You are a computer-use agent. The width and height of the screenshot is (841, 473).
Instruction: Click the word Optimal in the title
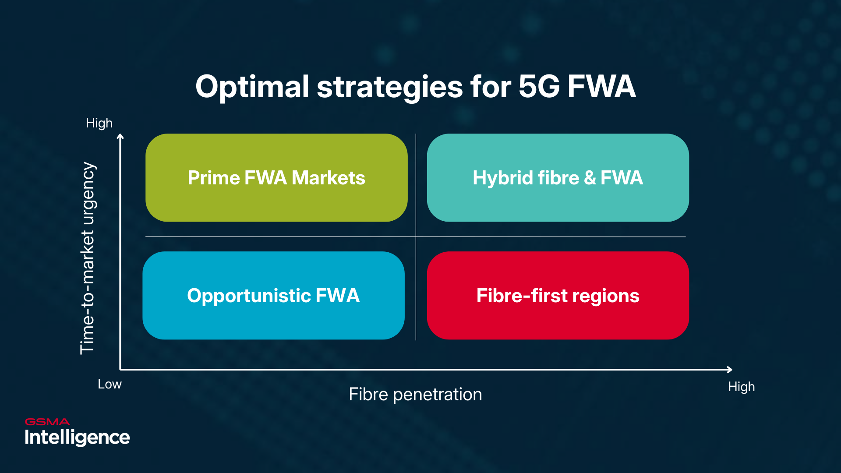pyautogui.click(x=252, y=87)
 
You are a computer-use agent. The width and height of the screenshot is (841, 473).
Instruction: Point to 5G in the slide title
pyautogui.click(x=539, y=87)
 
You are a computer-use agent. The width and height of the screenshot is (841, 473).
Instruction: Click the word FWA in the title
pyautogui.click(x=601, y=87)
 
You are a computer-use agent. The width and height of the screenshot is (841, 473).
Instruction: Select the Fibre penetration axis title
pyautogui.click(x=415, y=395)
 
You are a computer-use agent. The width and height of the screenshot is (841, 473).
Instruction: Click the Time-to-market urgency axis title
pyautogui.click(x=87, y=258)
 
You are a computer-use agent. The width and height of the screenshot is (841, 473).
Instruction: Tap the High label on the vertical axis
pyautogui.click(x=99, y=123)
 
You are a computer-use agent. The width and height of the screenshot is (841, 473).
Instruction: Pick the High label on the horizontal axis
pyautogui.click(x=741, y=387)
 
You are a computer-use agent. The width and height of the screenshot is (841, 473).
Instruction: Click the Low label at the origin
pyautogui.click(x=110, y=384)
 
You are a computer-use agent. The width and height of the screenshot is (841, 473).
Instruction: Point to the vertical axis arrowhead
pyautogui.click(x=120, y=137)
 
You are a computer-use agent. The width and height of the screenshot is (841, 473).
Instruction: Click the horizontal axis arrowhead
pyautogui.click(x=729, y=370)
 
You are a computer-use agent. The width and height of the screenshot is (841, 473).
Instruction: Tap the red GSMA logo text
pyautogui.click(x=47, y=422)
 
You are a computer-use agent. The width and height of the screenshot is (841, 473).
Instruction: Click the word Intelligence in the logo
pyautogui.click(x=77, y=438)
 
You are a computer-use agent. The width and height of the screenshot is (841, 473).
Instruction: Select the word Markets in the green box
pyautogui.click(x=328, y=178)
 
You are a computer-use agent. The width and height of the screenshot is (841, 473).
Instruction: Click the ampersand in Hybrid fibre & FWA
pyautogui.click(x=590, y=178)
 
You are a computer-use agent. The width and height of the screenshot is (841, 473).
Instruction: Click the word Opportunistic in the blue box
pyautogui.click(x=249, y=296)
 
